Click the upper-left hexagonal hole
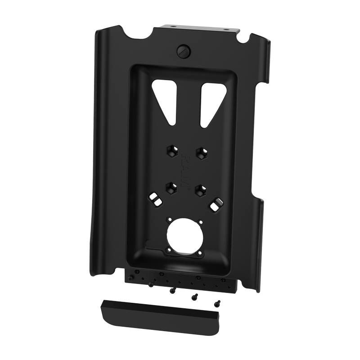(172, 149)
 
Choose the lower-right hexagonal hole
(199, 190)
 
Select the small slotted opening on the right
(215, 205)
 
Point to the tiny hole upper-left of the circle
(170, 220)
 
